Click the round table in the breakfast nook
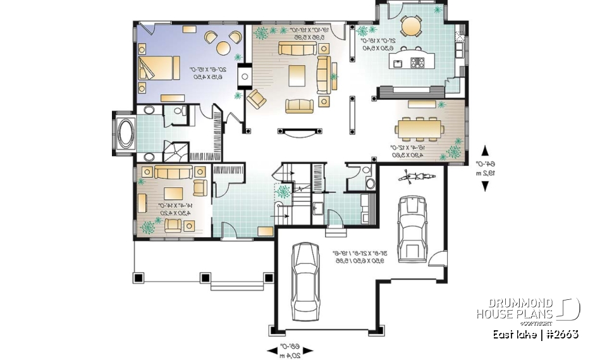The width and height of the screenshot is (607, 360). tap(412, 26)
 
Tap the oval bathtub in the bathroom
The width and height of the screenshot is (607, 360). tap(125, 134)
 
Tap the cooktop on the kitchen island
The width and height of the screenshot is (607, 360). tap(418, 62)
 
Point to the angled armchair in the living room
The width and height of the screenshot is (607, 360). tap(257, 99)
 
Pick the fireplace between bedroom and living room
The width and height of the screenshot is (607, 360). tap(245, 76)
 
